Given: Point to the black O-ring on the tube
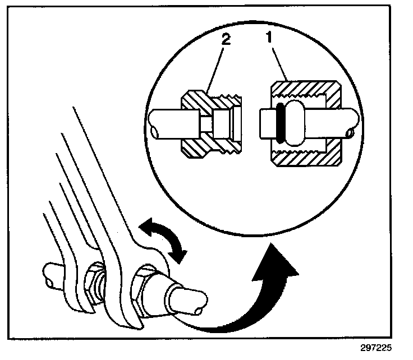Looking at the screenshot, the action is point(278,123).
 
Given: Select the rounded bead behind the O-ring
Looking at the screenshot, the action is point(293,123).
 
